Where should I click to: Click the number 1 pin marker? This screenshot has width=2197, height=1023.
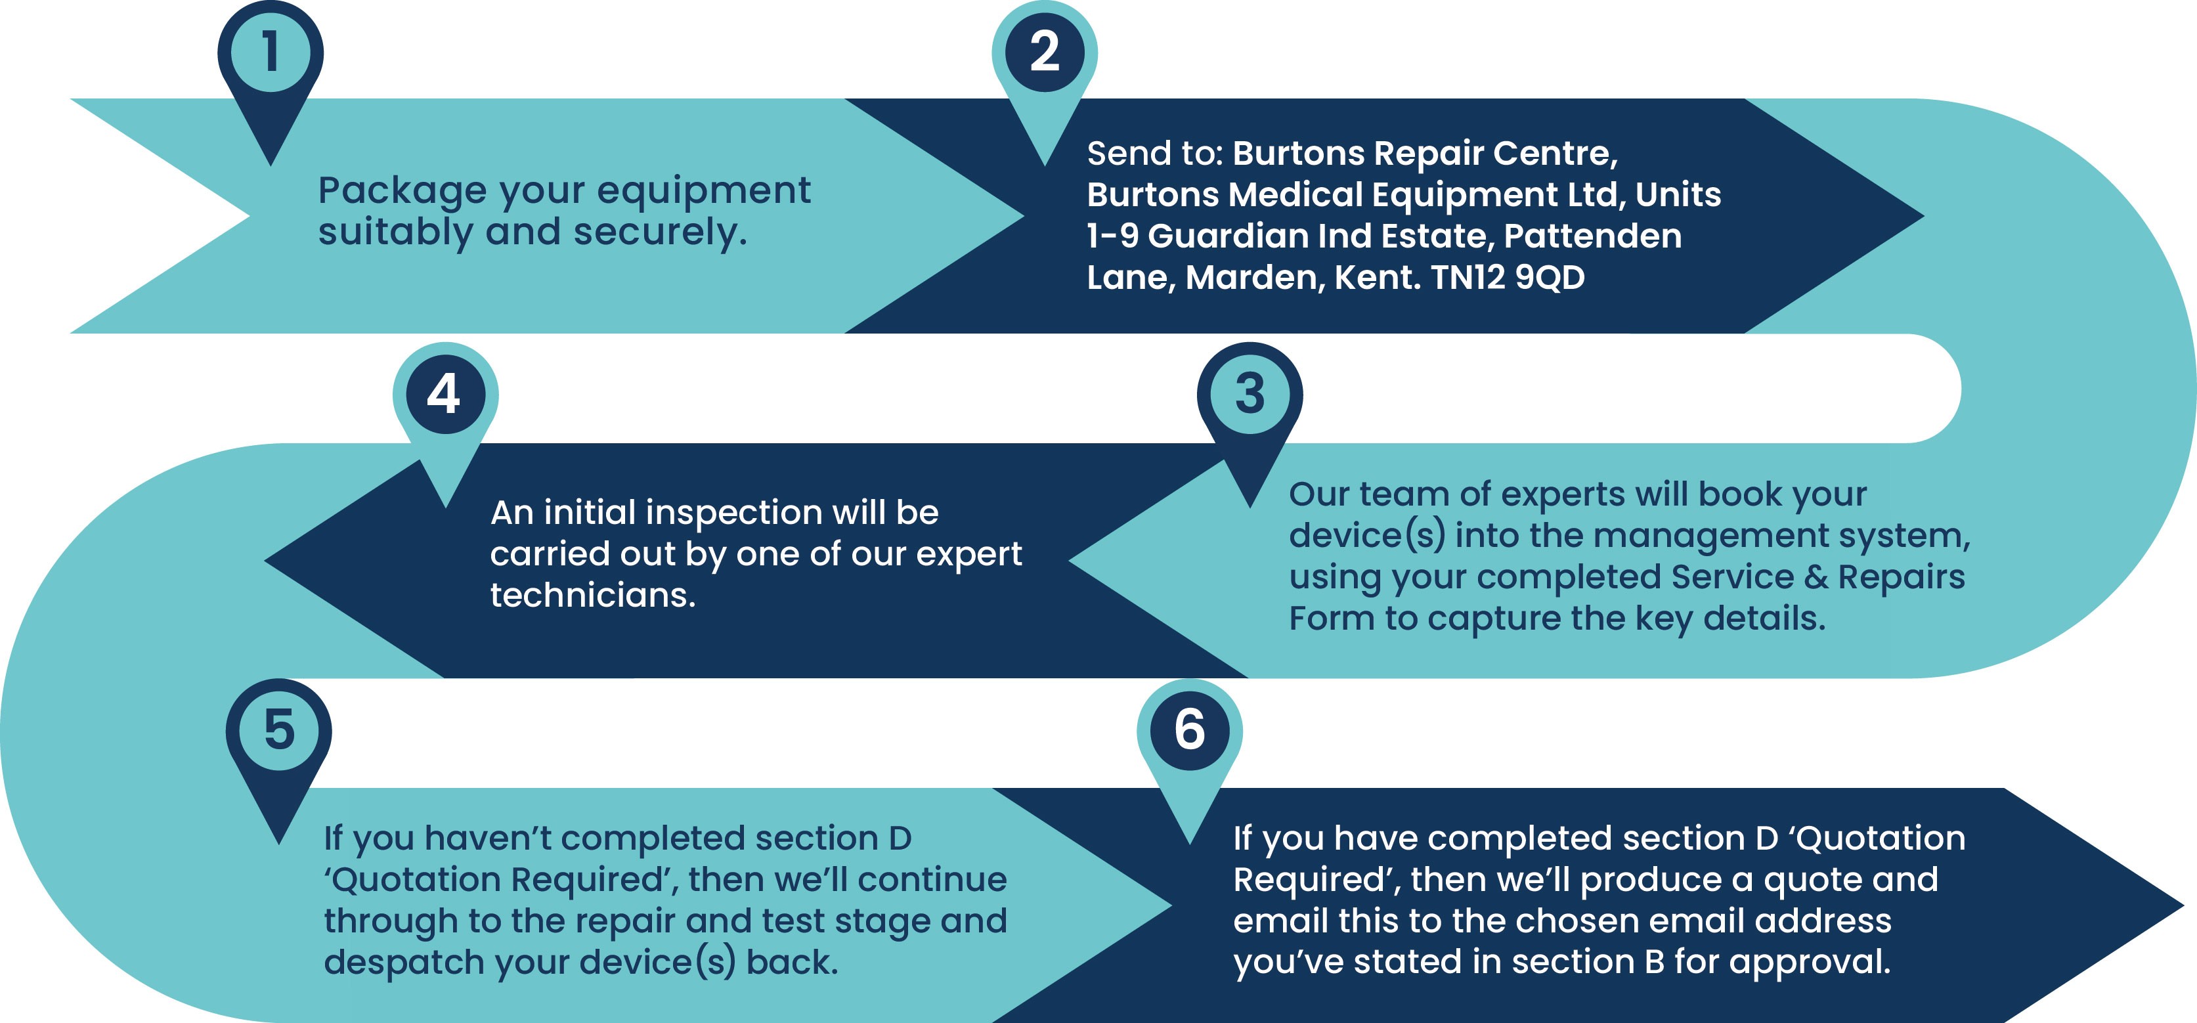[x=271, y=68]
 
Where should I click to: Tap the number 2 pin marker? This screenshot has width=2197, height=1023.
[x=1045, y=68]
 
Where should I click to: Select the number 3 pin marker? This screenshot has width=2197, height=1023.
[x=1250, y=410]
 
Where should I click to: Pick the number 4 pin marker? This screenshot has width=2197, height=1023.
[x=445, y=410]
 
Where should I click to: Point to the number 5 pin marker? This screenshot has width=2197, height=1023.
[x=279, y=747]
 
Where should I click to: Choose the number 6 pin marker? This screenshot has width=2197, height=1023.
[x=1190, y=747]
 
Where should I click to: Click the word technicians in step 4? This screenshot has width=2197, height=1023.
[x=593, y=595]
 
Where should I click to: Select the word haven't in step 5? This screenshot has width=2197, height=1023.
[x=487, y=838]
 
